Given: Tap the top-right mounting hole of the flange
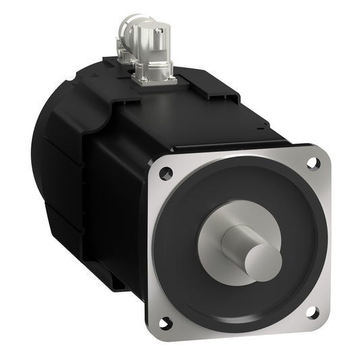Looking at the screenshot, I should pos(312,163).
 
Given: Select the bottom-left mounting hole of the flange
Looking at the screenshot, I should pos(167,322).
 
